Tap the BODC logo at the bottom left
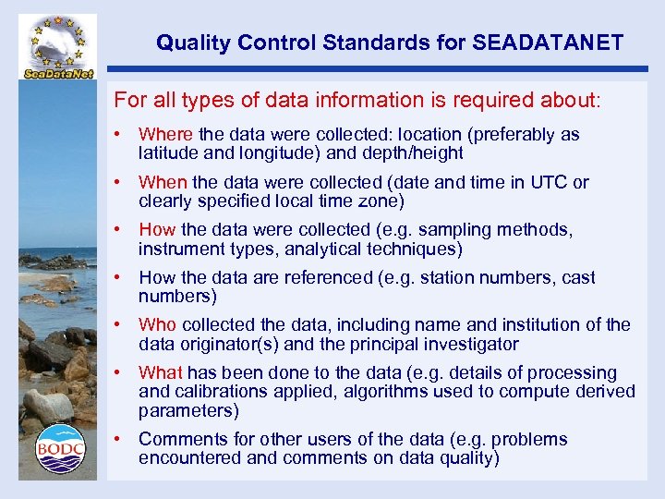coord(60,449)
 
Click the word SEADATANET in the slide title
coord(548,43)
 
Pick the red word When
coord(163,183)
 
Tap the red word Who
coord(158,325)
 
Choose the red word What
coord(161,373)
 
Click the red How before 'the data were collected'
coord(157,230)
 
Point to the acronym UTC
coord(549,183)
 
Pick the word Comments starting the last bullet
coord(179,440)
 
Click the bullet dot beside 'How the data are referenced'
coord(118,278)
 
